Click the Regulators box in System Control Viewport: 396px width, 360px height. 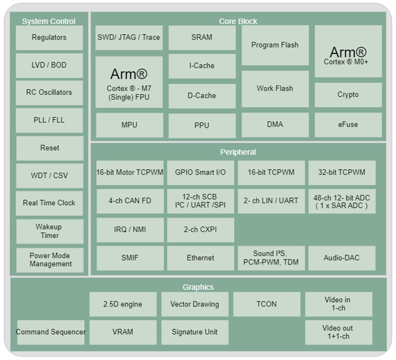point(49,37)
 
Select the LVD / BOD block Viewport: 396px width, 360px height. point(49,65)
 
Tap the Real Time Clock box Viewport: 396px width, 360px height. point(49,203)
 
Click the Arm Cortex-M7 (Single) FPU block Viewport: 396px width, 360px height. point(129,82)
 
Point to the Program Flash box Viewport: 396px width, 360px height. point(275,45)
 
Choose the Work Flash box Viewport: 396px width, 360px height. point(275,89)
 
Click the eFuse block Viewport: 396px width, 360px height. point(348,125)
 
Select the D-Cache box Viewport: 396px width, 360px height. point(202,96)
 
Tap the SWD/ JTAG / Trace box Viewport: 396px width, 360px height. point(129,37)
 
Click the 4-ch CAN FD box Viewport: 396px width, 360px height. point(130,201)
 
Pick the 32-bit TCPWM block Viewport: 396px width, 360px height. point(342,173)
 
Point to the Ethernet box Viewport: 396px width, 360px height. point(201,258)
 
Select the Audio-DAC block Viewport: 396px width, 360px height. point(342,258)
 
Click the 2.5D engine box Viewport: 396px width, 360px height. point(123,305)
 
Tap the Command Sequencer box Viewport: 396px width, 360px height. point(51,332)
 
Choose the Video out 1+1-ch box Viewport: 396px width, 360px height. point(338,332)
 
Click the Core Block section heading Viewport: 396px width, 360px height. point(238,21)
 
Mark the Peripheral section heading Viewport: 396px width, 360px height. point(238,152)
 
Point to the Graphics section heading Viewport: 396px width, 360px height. point(198,287)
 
